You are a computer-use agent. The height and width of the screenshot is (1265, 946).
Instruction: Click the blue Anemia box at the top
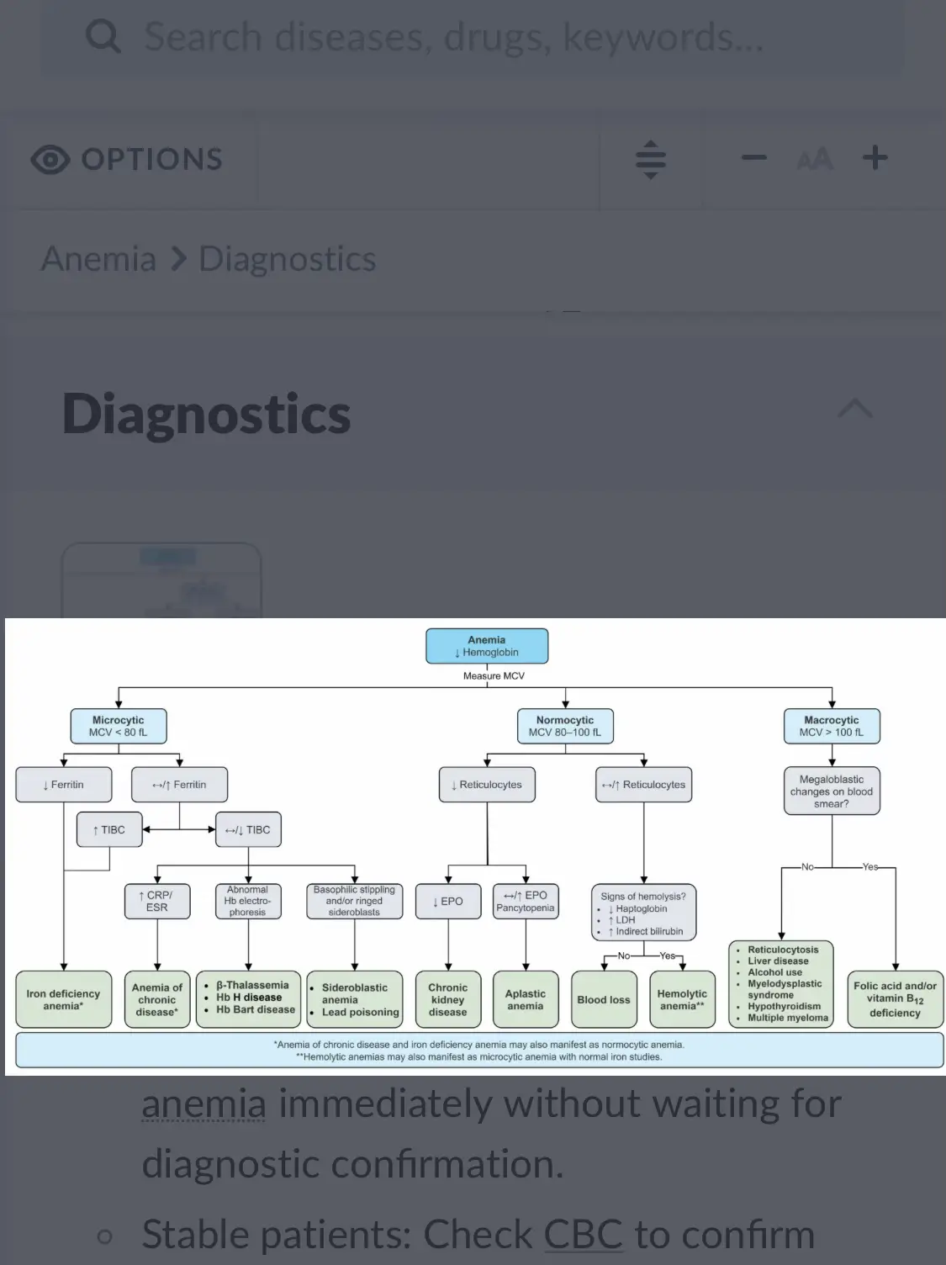click(487, 646)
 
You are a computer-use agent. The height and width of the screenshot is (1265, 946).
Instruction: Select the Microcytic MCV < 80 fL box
click(118, 726)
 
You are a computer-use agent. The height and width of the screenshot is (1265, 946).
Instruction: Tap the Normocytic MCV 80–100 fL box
click(565, 726)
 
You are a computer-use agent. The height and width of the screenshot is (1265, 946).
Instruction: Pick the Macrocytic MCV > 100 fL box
click(832, 726)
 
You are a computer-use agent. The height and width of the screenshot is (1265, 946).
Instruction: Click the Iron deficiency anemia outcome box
click(63, 999)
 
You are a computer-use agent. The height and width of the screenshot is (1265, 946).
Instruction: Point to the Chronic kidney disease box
click(448, 999)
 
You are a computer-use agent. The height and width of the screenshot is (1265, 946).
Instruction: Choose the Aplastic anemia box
click(526, 999)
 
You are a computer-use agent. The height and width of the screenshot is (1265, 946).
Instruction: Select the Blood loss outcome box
click(604, 999)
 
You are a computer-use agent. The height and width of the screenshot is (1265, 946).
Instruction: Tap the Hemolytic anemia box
click(682, 999)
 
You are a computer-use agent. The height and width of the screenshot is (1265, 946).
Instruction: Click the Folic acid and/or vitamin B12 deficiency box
click(895, 999)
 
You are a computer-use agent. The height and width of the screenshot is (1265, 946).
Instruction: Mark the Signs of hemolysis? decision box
click(643, 913)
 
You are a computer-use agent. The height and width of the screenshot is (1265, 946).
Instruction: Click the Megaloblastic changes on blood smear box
click(832, 791)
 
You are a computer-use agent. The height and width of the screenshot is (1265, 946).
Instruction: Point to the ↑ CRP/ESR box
click(157, 901)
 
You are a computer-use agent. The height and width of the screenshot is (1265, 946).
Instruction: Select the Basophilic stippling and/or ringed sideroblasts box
click(354, 901)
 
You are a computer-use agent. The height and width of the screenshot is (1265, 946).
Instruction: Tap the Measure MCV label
click(494, 676)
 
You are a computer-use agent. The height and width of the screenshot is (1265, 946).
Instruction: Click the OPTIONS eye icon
click(50, 159)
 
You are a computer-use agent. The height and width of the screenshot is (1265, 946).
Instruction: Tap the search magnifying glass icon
click(103, 37)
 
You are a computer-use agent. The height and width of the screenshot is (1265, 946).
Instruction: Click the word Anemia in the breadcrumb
click(98, 259)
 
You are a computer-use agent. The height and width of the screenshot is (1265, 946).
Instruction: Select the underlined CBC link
click(584, 1235)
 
